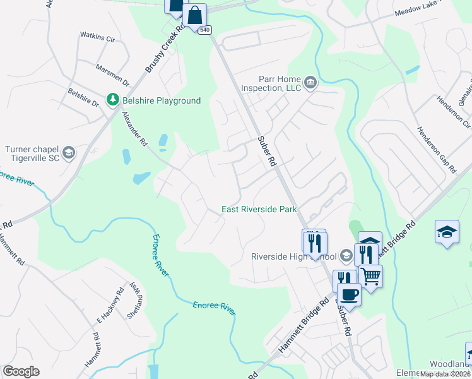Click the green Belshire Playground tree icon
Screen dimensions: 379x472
112,100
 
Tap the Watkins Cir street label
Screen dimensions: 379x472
97,38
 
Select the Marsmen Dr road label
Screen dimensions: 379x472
112,74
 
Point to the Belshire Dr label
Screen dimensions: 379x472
83,97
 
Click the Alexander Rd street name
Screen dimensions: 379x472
134,129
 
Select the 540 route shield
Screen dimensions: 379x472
204,30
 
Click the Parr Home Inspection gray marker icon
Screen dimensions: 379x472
310,81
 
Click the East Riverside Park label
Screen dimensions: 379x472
259,209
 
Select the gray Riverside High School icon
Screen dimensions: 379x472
346,256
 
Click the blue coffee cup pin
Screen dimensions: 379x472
349,293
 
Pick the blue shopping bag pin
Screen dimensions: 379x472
195,14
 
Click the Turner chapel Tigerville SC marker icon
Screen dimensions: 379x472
69,153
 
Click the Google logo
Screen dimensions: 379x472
21,371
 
